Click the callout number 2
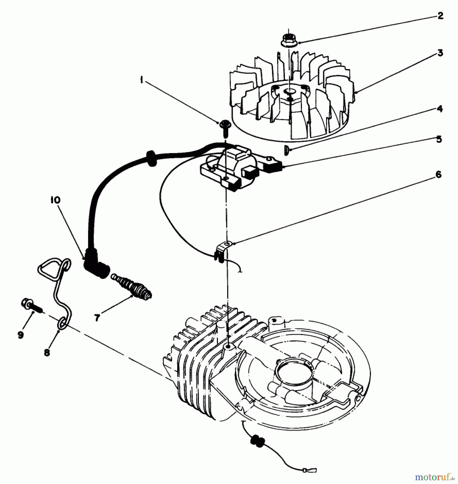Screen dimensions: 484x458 [440, 16]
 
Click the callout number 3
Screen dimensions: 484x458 [440, 53]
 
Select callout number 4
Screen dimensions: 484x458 [439, 109]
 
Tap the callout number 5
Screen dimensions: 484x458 [439, 139]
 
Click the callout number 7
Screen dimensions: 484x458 [97, 318]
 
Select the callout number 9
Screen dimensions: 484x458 [20, 335]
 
